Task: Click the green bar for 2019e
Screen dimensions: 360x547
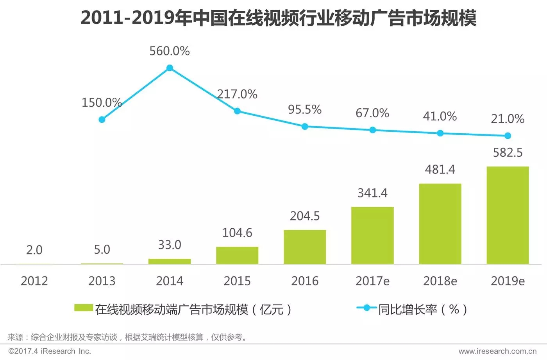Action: [x=508, y=215]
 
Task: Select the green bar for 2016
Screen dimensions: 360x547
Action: [x=305, y=247]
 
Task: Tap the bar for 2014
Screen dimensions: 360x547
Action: [x=170, y=261]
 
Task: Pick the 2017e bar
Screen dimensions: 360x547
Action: [x=372, y=235]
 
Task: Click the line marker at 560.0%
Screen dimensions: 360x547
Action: [x=170, y=68]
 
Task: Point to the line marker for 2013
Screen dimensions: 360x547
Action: [x=102, y=120]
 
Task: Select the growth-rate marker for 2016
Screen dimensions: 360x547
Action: [x=305, y=127]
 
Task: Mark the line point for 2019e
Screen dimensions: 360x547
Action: [x=508, y=136]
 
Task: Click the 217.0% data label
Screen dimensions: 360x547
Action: [x=237, y=94]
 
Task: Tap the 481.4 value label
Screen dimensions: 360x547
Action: [x=440, y=170]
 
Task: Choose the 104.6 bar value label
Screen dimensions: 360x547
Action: [x=237, y=233]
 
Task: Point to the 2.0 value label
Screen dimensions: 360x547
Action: [x=34, y=250]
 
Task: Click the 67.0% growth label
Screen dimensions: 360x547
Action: [x=372, y=113]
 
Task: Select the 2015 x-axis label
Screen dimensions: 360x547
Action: [x=237, y=281]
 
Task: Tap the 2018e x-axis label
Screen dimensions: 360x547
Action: [x=440, y=281]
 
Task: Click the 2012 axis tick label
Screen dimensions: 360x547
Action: [x=34, y=281]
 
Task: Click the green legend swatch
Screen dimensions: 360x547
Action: [x=84, y=308]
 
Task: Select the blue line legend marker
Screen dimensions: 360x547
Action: [x=366, y=308]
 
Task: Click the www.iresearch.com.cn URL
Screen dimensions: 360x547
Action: [x=497, y=351]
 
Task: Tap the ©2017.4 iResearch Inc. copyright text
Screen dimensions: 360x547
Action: [x=50, y=351]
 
